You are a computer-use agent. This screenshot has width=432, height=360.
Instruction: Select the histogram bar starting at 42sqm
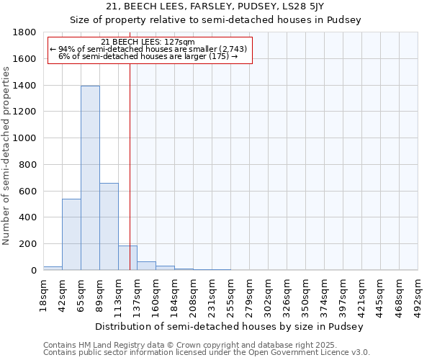pyautogui.click(x=71, y=234)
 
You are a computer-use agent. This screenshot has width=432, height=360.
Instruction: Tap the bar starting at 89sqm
pyautogui.click(x=109, y=227)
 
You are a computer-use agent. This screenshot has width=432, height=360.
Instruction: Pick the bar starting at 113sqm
pyautogui.click(x=127, y=258)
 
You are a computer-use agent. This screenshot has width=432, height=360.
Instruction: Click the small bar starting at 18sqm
pyautogui.click(x=53, y=268)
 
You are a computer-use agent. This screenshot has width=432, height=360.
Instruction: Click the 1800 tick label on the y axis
pyautogui.click(x=25, y=32)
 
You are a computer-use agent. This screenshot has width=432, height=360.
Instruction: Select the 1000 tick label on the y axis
pyautogui.click(x=25, y=138)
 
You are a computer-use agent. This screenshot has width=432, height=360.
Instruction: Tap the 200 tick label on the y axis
pyautogui.click(x=28, y=244)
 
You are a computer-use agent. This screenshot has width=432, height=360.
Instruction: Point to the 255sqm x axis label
pyautogui.click(x=230, y=294)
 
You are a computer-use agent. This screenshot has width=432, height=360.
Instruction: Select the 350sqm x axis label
pyautogui.click(x=305, y=294)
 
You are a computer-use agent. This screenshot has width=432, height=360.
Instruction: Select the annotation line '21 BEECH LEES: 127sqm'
pyautogui.click(x=148, y=42)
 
